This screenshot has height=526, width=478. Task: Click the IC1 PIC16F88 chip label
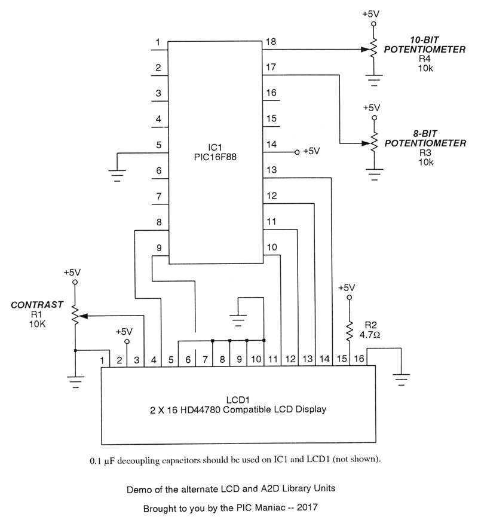[x=216, y=152]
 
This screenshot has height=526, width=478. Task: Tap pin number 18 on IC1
[x=271, y=42]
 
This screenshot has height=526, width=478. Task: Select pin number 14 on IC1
[x=271, y=144]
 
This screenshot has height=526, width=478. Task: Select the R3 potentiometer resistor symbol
[x=373, y=143]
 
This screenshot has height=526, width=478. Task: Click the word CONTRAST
[x=38, y=305]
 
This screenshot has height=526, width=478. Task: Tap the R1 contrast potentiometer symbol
[x=75, y=314]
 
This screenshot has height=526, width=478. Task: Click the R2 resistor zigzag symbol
[x=350, y=329]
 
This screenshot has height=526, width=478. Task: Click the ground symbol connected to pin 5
[x=117, y=174]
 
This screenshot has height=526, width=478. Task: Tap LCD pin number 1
[x=103, y=360]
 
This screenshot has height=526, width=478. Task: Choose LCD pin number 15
[x=342, y=359]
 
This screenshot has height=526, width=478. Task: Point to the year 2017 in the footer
[x=307, y=509]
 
